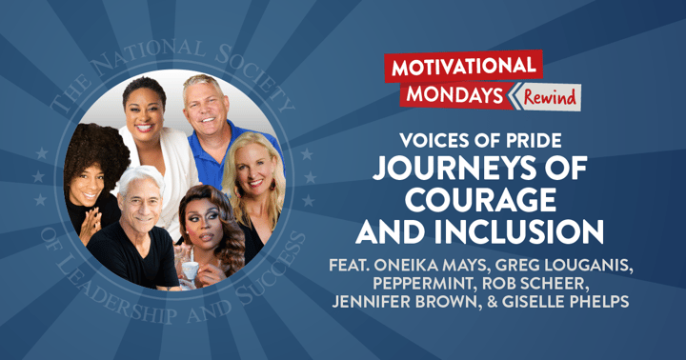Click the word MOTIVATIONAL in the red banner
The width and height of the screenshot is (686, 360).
pyautogui.click(x=463, y=66)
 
